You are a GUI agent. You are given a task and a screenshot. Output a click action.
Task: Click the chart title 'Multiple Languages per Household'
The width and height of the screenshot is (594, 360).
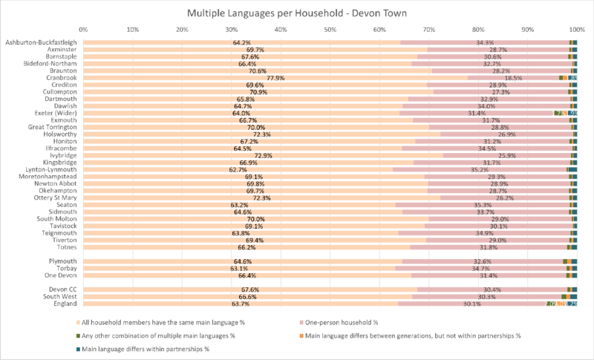[297, 14]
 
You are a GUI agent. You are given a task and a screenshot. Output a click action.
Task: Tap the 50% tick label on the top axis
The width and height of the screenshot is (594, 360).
[330, 30]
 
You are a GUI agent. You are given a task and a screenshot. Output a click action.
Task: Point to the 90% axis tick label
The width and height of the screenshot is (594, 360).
[527, 30]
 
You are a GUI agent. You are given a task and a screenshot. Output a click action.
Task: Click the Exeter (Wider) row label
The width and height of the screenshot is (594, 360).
[56, 113]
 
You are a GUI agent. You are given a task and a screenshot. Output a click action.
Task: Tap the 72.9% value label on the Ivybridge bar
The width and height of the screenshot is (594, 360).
[263, 155]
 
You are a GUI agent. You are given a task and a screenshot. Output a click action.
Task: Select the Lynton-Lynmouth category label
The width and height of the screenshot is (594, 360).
[53, 169]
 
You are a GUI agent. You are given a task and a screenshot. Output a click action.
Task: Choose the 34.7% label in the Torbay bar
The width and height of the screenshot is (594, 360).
[481, 268]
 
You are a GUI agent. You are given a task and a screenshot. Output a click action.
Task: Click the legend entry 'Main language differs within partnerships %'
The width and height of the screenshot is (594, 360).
[142, 348]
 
